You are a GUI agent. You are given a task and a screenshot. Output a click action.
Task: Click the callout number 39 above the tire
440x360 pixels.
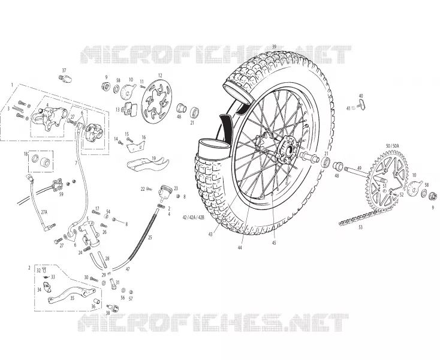click(274, 46)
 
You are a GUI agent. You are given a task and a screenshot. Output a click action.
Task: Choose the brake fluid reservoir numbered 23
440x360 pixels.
click(165, 192)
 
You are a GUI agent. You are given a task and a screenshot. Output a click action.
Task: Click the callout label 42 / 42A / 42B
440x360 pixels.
click(194, 217)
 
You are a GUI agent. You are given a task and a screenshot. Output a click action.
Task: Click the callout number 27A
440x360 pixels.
click(44, 212)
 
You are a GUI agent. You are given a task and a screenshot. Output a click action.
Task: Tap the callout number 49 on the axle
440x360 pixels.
click(359, 169)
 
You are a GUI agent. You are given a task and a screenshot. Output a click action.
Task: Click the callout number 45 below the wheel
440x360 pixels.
click(274, 243)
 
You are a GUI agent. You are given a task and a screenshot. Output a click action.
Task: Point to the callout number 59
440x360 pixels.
click(61, 194)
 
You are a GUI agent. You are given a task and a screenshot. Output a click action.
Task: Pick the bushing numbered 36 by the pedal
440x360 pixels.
click(97, 302)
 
